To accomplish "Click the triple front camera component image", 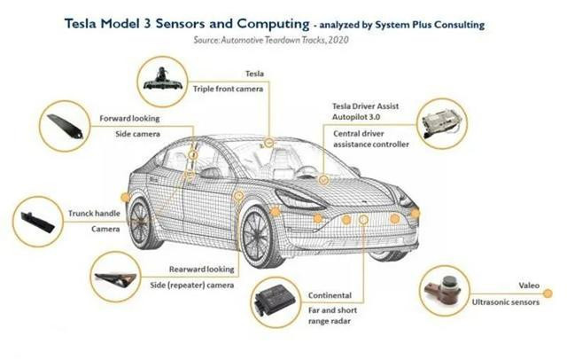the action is click(162, 81).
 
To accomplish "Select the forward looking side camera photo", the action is click(66, 126).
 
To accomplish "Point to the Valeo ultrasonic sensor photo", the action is click(443, 289).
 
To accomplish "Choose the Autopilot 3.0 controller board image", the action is click(441, 124).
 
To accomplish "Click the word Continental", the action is click(330, 295).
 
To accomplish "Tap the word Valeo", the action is click(529, 286).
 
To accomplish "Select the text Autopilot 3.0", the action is click(356, 117).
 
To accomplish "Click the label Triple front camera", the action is click(228, 89).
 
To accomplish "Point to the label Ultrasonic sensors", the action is click(505, 302).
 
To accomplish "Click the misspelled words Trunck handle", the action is click(94, 214).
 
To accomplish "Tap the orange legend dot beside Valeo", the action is click(548, 293).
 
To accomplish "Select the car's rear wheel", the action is click(140, 223).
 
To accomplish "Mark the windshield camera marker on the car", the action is click(268, 143).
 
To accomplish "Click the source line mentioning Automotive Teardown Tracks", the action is click(271, 40).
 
